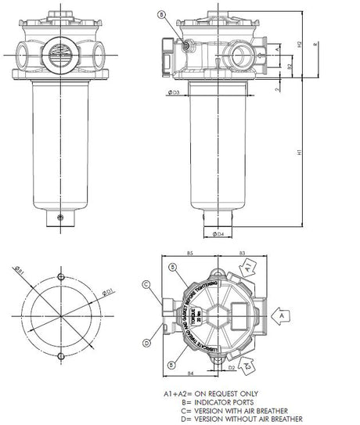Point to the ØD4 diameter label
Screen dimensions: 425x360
point(220,233)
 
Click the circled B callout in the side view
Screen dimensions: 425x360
point(161,14)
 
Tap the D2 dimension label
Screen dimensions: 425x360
point(232,366)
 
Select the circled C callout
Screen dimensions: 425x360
point(146,284)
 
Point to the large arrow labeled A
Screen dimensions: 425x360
point(279,312)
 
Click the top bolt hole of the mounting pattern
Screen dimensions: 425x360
point(61,276)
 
